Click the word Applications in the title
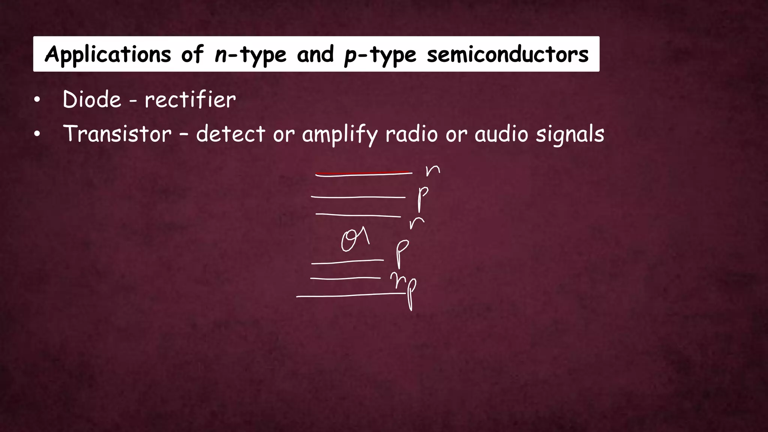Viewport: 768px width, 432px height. click(x=108, y=55)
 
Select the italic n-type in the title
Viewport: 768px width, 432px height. click(x=250, y=55)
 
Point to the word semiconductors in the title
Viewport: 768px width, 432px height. click(x=508, y=55)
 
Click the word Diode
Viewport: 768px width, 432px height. click(x=92, y=100)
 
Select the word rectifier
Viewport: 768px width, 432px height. click(x=190, y=100)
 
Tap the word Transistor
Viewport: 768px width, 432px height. click(x=117, y=134)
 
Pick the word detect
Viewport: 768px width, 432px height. click(x=231, y=134)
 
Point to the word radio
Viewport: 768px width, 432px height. click(x=411, y=134)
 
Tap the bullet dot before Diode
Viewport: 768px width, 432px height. click(x=37, y=100)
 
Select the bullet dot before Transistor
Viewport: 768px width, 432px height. click(x=37, y=135)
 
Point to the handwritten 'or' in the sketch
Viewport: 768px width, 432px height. click(x=355, y=240)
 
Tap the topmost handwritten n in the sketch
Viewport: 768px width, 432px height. click(x=432, y=171)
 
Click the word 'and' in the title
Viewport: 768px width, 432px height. click(x=315, y=55)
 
